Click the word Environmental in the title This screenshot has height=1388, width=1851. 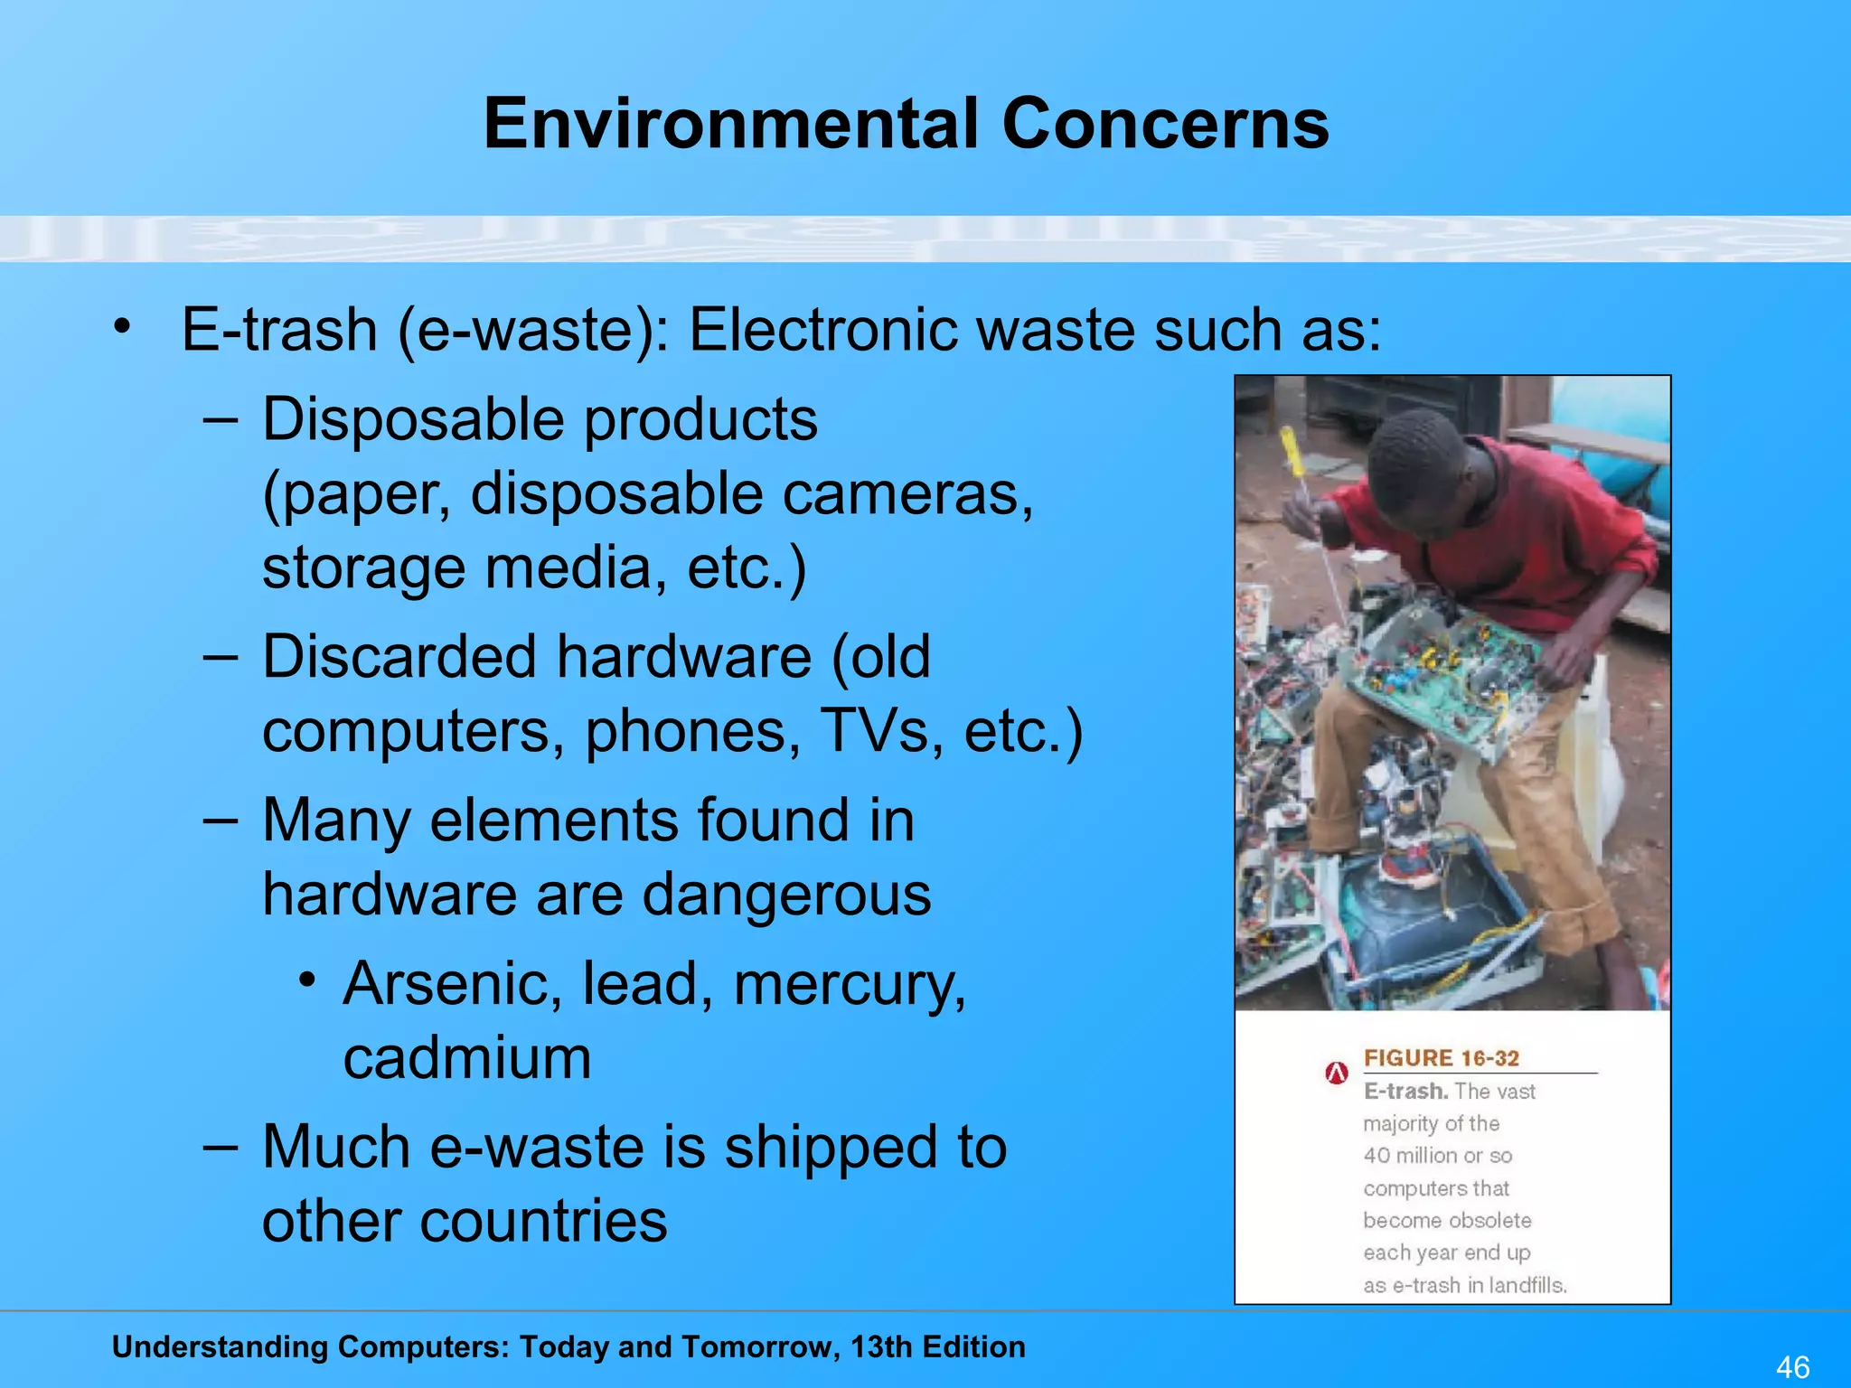point(731,124)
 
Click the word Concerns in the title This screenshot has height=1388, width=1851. point(1165,124)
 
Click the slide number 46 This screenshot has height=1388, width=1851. point(1792,1366)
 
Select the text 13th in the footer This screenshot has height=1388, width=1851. point(880,1346)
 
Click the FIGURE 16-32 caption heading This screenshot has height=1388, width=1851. point(1441,1058)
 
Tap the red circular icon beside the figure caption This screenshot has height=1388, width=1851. point(1337,1073)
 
